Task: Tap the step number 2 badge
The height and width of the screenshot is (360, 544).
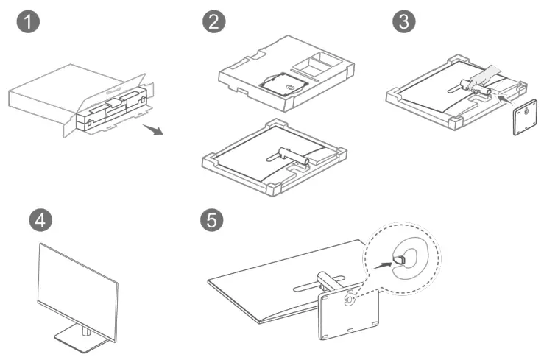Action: point(213,22)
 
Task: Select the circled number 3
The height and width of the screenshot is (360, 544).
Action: point(402,22)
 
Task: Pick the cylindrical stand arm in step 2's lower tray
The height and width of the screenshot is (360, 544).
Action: point(295,155)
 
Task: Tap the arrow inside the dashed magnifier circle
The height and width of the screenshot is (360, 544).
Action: point(381,261)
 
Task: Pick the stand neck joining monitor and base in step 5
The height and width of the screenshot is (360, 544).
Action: point(325,283)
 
